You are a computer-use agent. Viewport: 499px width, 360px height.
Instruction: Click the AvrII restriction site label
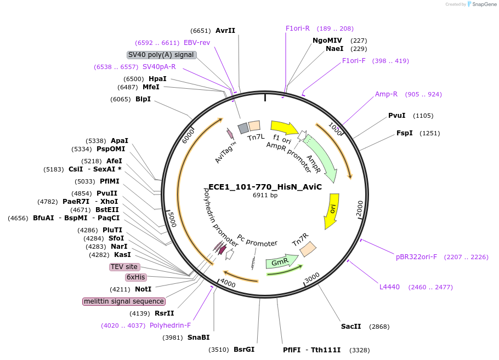coord(225,31)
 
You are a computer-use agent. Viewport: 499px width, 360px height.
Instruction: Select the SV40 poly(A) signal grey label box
coord(161,55)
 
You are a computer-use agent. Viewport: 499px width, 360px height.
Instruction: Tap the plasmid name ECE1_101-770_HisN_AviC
coord(265,187)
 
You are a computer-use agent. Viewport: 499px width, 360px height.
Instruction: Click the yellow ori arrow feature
coord(332,210)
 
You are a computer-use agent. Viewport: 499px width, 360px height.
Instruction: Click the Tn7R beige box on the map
coord(307,249)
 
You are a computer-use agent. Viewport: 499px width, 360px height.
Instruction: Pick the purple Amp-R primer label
coord(386,94)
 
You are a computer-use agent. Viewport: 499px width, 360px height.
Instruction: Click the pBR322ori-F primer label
coord(416,256)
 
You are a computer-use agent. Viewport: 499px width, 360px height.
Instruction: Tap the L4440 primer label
coord(389,287)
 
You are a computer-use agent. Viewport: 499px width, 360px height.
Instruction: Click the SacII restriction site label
coord(351,327)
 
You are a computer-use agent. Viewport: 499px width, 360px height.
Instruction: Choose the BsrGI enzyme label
coord(243,350)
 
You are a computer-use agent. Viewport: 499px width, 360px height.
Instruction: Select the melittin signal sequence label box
coord(124,301)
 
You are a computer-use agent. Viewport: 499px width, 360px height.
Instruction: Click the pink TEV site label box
coord(124,267)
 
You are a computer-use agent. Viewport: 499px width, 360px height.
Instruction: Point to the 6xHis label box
coord(135,277)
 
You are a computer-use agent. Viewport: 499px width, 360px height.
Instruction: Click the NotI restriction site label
coord(143,289)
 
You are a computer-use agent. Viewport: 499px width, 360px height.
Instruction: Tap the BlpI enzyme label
coord(143,99)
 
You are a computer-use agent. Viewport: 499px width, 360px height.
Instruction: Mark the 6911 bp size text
coord(265,196)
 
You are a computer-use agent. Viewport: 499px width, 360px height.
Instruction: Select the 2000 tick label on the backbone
coord(360,208)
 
